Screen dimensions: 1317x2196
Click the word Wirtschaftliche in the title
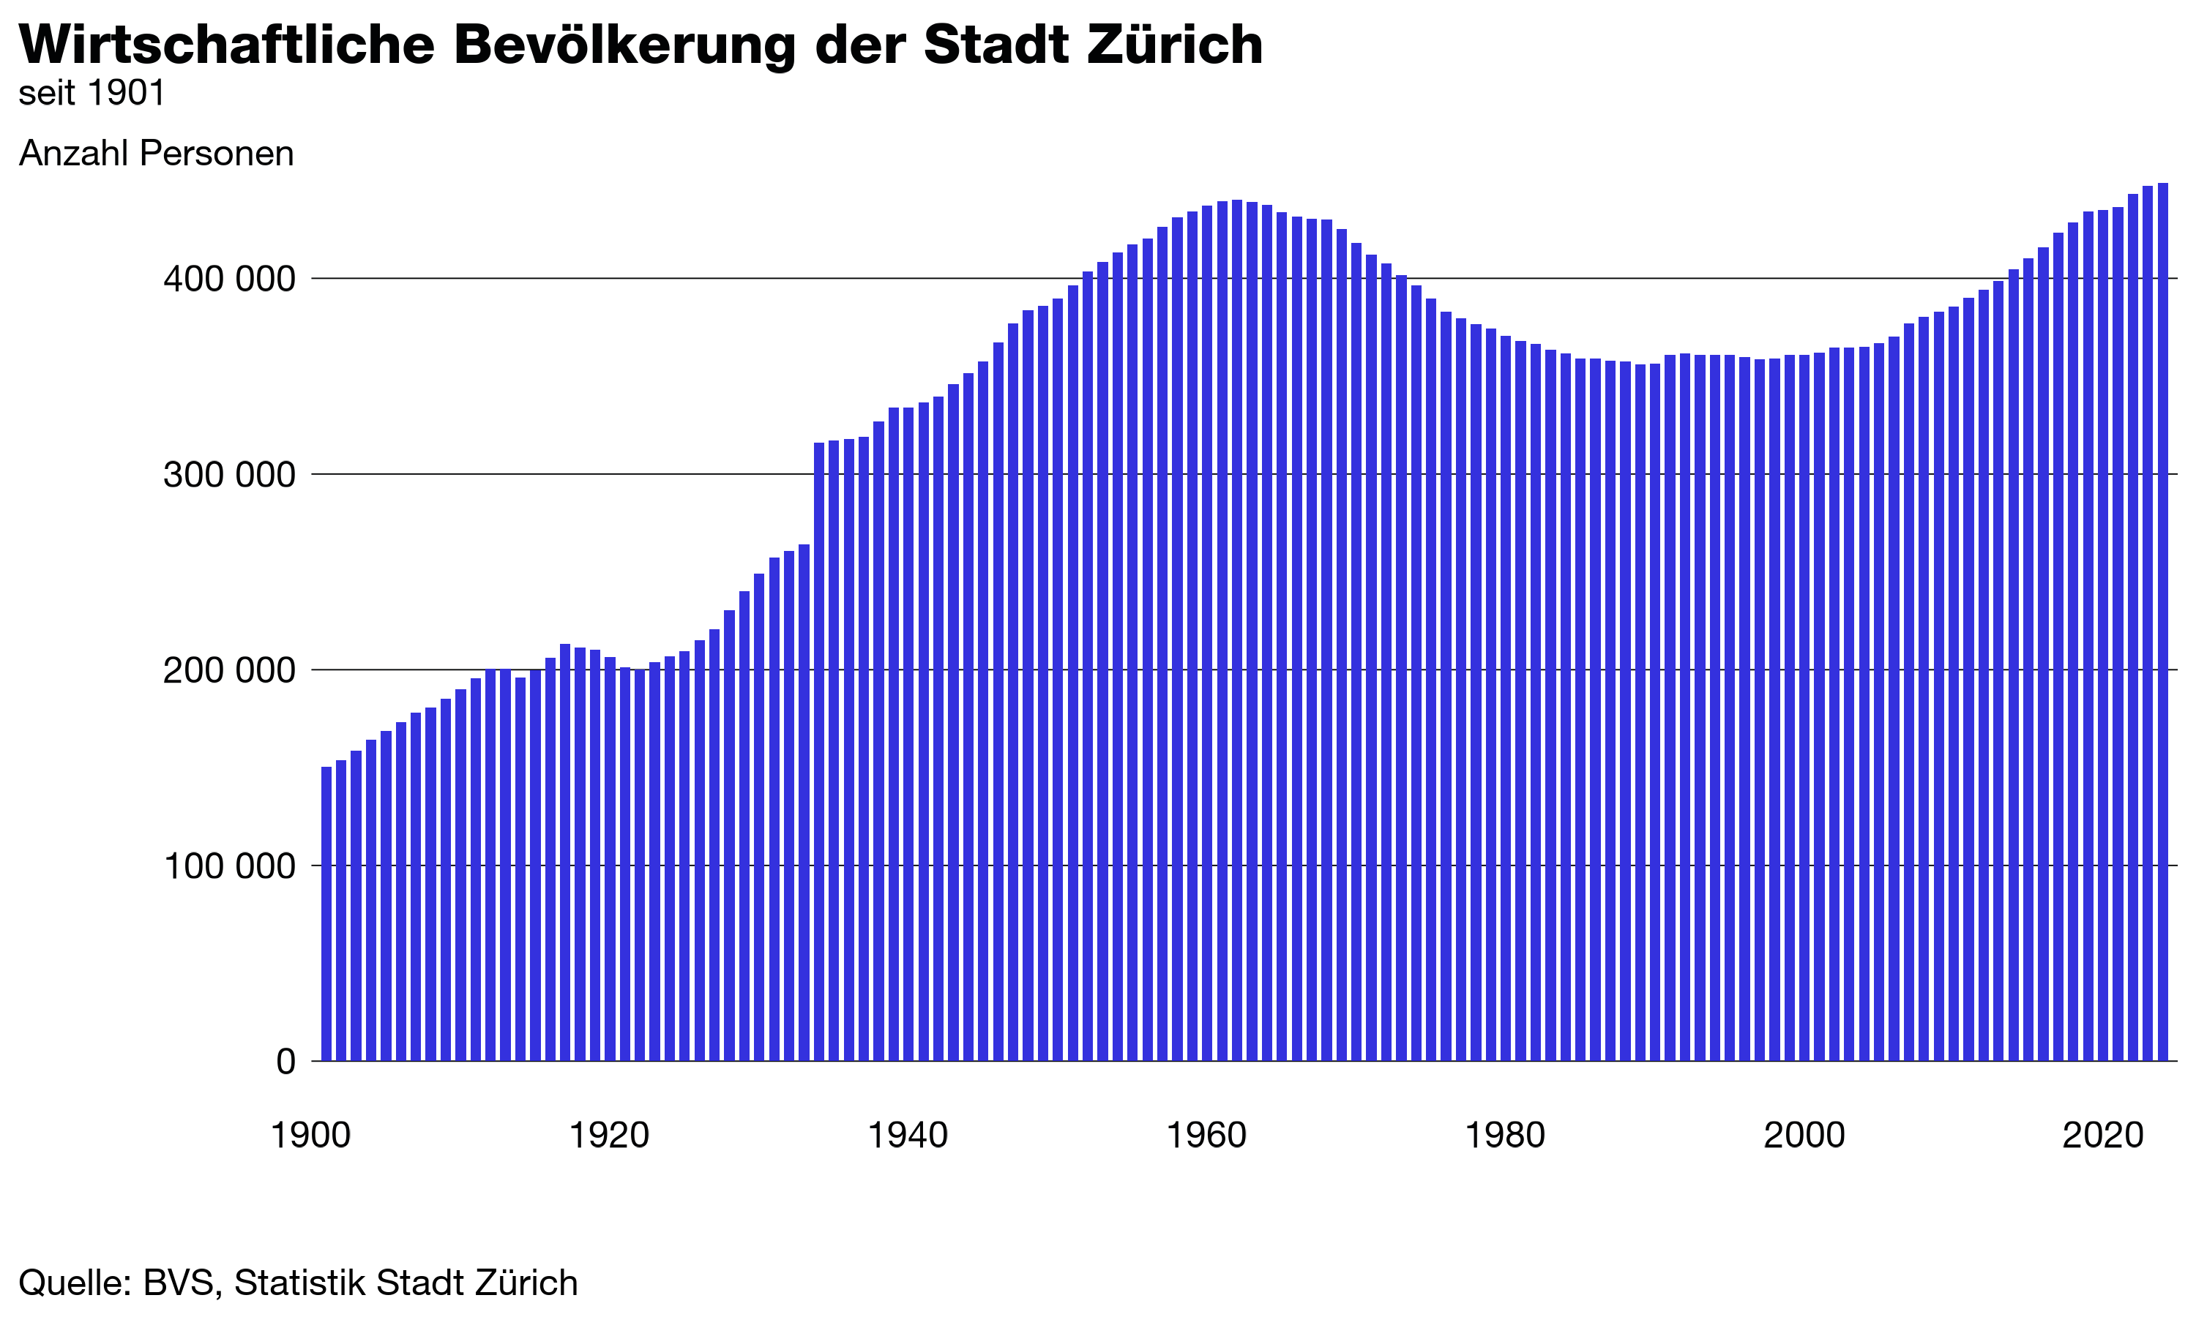pos(226,45)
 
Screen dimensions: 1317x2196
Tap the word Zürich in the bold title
pos(1175,45)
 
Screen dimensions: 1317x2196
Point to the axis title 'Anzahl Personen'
pos(156,154)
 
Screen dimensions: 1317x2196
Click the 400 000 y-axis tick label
pos(228,279)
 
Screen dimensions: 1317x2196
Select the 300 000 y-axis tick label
pos(228,475)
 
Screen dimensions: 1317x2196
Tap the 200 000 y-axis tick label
pos(228,671)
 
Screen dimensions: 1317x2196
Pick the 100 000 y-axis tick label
pos(228,866)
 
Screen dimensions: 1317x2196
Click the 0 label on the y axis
pos(285,1062)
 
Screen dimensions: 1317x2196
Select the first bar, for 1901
pos(326,914)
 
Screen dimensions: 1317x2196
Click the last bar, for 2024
pos(2163,621)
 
